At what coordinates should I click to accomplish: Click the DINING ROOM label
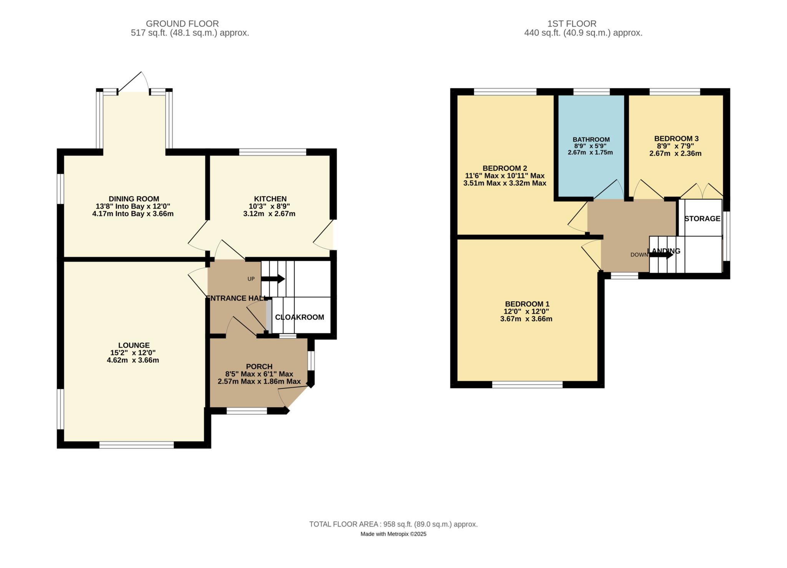click(x=134, y=199)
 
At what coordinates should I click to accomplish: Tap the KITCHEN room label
click(x=270, y=199)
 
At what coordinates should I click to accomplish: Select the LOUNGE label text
click(x=134, y=345)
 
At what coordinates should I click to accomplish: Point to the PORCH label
click(x=259, y=367)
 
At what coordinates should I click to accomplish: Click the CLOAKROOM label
click(x=300, y=317)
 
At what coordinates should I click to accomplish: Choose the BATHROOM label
click(x=591, y=140)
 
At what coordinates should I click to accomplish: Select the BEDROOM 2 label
click(x=505, y=168)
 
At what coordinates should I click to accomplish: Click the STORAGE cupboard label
click(x=702, y=219)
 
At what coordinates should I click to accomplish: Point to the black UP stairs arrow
click(x=273, y=279)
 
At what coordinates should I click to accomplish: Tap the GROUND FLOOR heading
click(x=183, y=24)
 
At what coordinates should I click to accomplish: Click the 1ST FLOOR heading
click(x=572, y=24)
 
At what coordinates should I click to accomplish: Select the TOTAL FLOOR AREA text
click(x=393, y=524)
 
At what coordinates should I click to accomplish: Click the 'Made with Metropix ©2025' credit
click(x=393, y=534)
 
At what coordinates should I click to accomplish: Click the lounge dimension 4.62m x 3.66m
click(x=133, y=360)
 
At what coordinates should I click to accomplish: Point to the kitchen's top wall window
click(x=273, y=152)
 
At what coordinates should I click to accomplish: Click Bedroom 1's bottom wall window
click(x=528, y=385)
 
